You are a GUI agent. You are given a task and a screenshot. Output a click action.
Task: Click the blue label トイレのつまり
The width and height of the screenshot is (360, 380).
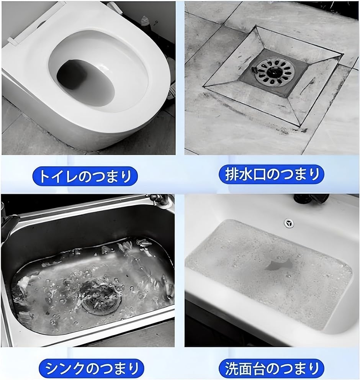pos(85,176)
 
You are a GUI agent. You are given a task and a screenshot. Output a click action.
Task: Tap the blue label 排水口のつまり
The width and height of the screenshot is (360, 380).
pos(271,174)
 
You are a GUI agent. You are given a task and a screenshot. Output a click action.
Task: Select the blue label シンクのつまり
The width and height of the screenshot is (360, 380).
pos(91,369)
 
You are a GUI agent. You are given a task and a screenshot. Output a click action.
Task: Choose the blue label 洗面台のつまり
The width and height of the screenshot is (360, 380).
pos(271,369)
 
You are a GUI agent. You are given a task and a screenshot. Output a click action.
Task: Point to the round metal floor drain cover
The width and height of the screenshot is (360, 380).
pos(276,72)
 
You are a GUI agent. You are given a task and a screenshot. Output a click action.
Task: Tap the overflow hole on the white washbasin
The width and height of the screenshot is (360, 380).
pos(289,223)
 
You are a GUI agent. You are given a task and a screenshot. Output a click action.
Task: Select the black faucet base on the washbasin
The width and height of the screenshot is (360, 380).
pos(311,198)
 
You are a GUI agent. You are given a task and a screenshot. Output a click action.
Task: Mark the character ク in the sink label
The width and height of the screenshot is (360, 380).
pos(78,369)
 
